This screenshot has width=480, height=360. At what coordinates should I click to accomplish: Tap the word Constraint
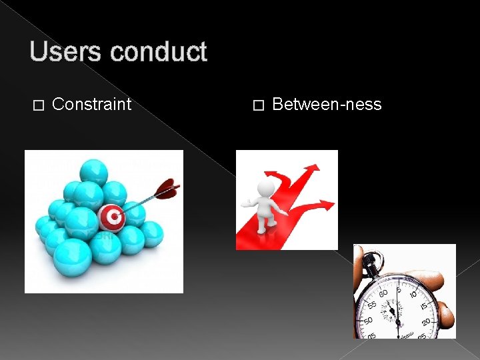pos(91,104)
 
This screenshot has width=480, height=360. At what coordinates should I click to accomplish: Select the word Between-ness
pos(327,104)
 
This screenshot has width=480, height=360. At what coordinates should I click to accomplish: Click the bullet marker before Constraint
pos(38,105)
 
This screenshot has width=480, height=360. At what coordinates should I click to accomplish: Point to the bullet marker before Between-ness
pos(259,105)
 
